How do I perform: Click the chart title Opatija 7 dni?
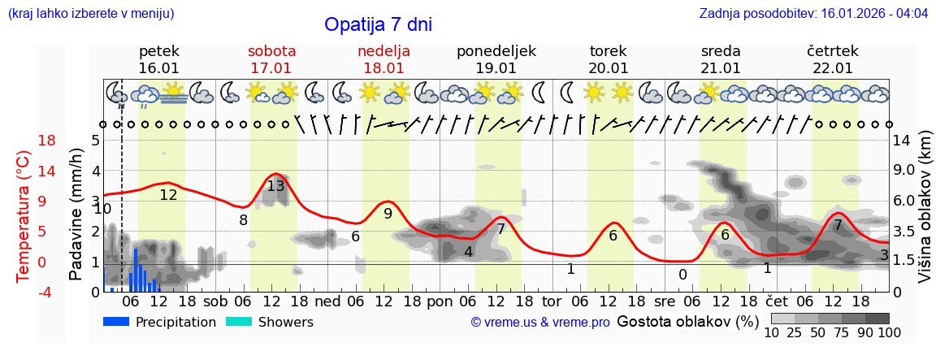378,24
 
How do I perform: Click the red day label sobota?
271,51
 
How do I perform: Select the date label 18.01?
383,68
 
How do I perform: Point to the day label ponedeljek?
496,51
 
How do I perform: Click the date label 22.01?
833,68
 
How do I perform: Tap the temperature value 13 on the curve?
275,185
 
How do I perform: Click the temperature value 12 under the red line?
168,195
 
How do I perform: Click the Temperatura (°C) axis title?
24,216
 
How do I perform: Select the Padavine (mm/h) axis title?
76,215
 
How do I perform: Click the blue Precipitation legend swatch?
117,322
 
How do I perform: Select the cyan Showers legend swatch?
239,322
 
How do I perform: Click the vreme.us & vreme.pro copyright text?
540,323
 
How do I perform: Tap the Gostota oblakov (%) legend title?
687,321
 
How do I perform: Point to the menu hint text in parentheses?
90,13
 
